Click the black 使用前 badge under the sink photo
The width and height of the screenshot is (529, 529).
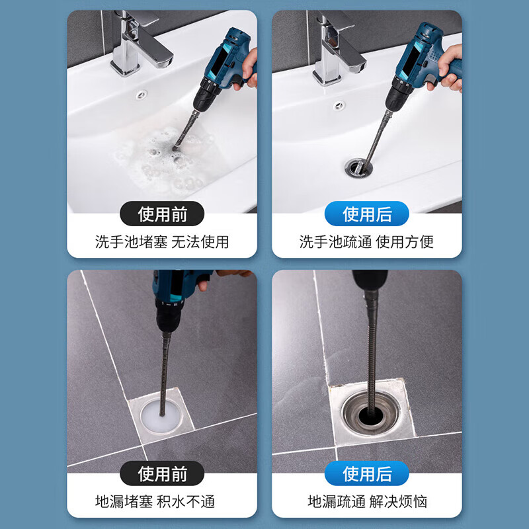[162, 214]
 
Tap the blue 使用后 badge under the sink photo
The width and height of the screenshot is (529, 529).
[367, 214]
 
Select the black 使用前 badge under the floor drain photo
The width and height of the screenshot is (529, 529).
[162, 473]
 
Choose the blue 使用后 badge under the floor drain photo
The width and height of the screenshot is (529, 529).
[367, 473]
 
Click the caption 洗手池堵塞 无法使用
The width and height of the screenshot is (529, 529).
[162, 242]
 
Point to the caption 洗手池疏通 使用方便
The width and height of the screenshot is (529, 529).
[367, 242]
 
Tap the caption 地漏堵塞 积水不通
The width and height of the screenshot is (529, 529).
[155, 502]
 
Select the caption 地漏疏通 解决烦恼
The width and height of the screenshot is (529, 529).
[368, 502]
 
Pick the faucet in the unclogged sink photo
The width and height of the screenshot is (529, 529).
[337, 47]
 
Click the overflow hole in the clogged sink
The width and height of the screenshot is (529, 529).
[142, 95]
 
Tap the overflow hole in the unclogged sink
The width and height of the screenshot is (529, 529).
[339, 106]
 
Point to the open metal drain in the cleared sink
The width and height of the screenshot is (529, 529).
[358, 167]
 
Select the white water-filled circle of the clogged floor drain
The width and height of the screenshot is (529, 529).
[161, 417]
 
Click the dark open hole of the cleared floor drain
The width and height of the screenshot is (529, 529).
[371, 415]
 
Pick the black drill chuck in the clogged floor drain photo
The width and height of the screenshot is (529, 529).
[169, 316]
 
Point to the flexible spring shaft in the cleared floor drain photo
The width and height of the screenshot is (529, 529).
[372, 354]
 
